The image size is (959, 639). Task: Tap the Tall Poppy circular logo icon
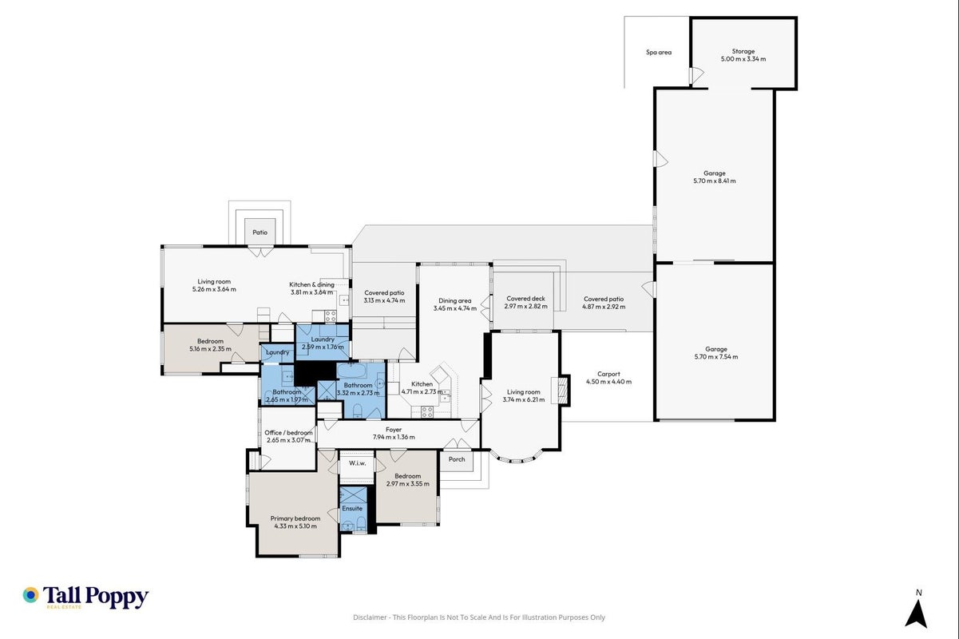click(30, 595)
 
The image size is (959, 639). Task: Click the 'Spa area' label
click(659, 52)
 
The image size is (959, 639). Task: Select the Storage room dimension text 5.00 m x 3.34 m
click(743, 59)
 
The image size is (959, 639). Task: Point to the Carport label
click(608, 374)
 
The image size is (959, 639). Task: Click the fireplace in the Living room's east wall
click(561, 390)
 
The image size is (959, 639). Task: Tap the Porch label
click(457, 459)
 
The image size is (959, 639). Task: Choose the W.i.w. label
click(357, 463)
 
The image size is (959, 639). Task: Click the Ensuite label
click(352, 508)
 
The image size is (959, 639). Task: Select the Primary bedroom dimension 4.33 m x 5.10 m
click(295, 526)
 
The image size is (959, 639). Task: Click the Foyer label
click(394, 430)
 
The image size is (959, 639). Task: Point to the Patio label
click(260, 232)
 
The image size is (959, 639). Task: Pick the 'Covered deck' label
click(525, 299)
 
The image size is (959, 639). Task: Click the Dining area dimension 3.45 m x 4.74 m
click(454, 308)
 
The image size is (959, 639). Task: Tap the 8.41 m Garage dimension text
click(715, 181)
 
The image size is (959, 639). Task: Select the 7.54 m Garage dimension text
click(715, 357)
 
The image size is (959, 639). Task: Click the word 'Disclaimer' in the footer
click(370, 617)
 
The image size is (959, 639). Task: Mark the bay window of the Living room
click(517, 457)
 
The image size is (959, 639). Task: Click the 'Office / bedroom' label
click(288, 433)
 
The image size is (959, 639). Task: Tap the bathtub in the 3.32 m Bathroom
click(351, 370)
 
